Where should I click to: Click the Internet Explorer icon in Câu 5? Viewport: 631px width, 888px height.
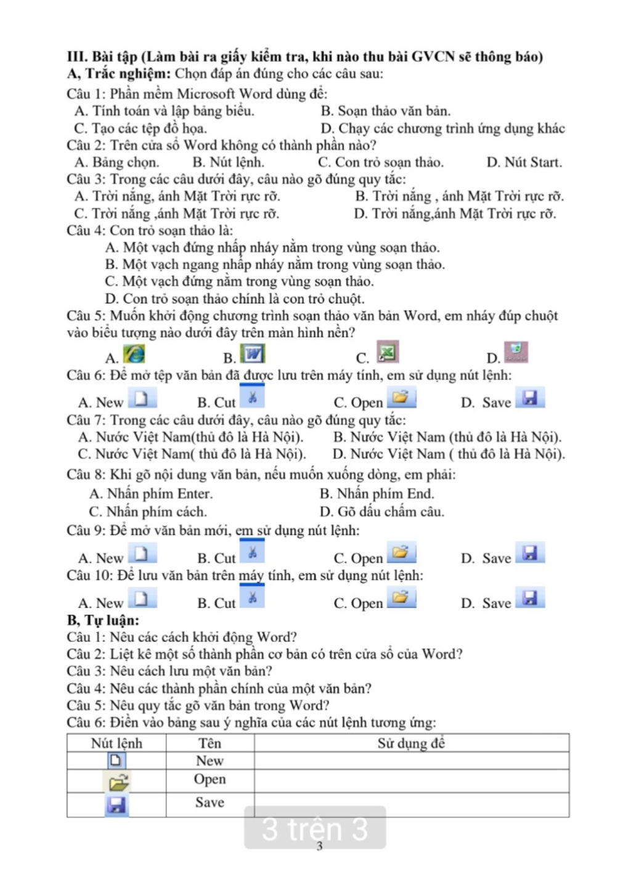134,354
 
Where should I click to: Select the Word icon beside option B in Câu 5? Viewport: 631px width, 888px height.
253,354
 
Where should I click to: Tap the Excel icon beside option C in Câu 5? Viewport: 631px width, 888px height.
388,352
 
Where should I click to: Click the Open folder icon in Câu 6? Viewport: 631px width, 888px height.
401,398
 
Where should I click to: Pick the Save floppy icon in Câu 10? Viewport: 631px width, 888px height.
530,598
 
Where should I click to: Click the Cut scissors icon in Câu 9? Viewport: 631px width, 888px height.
252,552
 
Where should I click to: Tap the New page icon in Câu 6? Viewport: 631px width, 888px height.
142,399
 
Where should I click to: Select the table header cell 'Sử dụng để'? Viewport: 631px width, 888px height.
411,743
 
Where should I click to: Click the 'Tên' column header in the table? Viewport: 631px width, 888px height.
210,743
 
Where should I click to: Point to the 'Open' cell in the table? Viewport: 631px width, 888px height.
210,779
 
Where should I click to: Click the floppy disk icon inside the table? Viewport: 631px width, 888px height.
116,805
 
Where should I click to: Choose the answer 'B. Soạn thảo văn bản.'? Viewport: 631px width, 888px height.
386,111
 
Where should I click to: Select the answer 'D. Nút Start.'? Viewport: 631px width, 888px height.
524,163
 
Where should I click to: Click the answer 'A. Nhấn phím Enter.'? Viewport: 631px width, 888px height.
151,494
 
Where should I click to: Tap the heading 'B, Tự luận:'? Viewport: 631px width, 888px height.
103,620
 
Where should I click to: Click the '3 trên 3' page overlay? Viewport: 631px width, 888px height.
315,828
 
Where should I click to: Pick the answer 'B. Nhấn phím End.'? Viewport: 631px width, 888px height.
377,494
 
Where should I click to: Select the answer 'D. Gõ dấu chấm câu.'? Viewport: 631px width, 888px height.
382,512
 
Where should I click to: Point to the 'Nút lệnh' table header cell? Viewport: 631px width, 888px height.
116,743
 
